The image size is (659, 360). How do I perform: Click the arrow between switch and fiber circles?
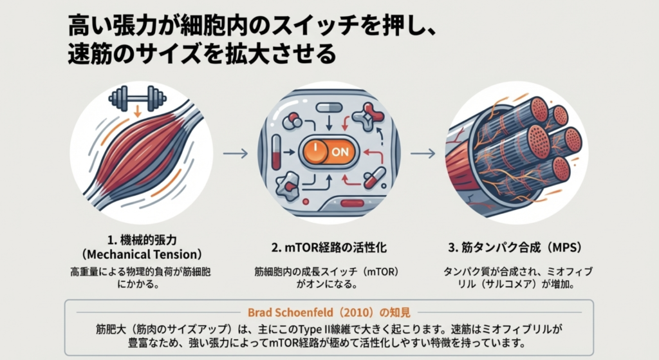click(423, 153)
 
